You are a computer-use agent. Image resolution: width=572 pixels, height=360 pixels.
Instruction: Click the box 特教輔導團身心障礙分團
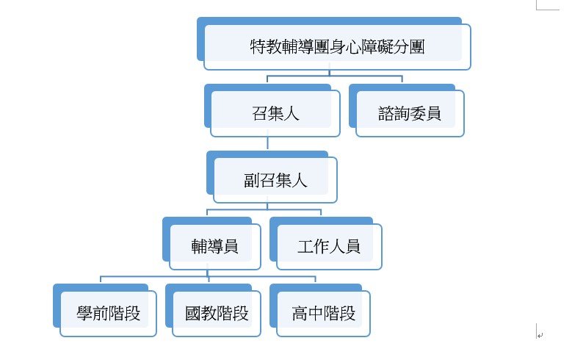tap(337, 47)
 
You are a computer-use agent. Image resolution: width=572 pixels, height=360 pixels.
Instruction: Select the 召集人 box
tap(275, 114)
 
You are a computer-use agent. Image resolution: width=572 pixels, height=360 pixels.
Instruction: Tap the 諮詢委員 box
tap(409, 114)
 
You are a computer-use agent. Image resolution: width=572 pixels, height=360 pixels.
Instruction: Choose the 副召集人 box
tap(275, 180)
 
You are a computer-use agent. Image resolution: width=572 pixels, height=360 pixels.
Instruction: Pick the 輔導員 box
tap(214, 246)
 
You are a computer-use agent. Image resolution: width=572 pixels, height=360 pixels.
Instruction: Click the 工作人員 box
tap(329, 246)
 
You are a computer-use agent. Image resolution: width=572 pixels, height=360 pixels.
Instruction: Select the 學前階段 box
tap(108, 314)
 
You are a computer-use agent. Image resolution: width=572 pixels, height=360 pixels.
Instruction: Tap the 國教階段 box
tap(217, 314)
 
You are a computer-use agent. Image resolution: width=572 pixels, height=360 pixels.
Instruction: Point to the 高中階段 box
tap(323, 314)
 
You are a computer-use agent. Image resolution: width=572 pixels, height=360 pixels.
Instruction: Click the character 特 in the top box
tap(258, 47)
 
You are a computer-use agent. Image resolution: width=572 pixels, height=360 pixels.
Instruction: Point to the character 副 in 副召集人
tap(252, 181)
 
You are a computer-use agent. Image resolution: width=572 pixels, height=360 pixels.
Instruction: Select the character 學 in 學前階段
tap(84, 314)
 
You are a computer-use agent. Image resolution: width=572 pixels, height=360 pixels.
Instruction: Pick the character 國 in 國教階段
tap(193, 314)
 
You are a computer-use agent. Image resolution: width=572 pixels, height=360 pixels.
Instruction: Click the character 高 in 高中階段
tap(300, 314)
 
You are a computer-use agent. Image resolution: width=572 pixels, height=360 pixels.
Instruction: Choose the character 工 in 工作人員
tap(305, 247)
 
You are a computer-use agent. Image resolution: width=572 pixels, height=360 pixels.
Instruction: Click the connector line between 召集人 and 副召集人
tap(269, 144)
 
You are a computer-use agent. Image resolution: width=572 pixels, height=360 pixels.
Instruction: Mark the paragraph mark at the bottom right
tap(539, 334)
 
